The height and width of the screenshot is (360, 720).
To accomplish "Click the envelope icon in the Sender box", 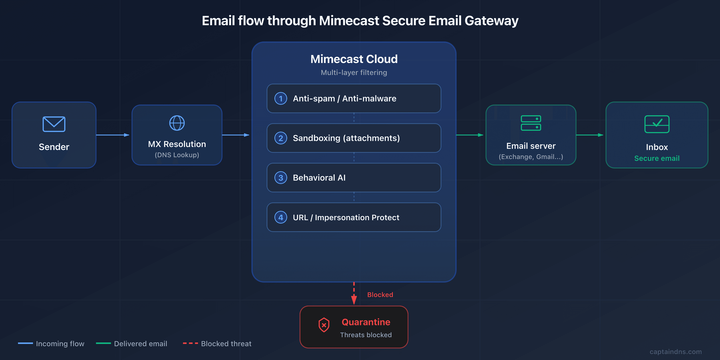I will point(54,124).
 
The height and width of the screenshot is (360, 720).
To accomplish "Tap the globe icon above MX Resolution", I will point(177,123).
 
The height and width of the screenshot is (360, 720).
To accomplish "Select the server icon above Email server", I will point(531,123).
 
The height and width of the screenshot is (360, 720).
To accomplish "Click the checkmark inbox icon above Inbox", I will point(657,124).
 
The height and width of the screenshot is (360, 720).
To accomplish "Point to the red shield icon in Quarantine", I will point(324,325).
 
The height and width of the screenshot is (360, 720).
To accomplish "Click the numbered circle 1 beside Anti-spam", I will point(281,99).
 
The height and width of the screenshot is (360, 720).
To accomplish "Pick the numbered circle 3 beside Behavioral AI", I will point(281,178).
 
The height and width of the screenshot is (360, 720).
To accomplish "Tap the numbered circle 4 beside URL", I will point(281,217).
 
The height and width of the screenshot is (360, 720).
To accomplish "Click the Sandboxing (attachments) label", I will point(346,138).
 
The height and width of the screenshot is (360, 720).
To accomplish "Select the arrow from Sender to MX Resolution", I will point(113,135).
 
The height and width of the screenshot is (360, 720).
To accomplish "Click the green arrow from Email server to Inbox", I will point(589,135).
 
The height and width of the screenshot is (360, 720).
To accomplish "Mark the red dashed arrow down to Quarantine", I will point(354,293).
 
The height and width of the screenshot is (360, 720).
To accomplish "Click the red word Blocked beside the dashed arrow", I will point(380,295).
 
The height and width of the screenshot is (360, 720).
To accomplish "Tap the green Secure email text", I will point(657,158).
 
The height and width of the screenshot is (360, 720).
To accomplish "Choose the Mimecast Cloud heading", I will point(354,59).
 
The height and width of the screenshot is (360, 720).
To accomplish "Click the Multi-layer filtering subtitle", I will point(354,73).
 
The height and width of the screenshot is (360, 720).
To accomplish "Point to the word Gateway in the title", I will point(491,21).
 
